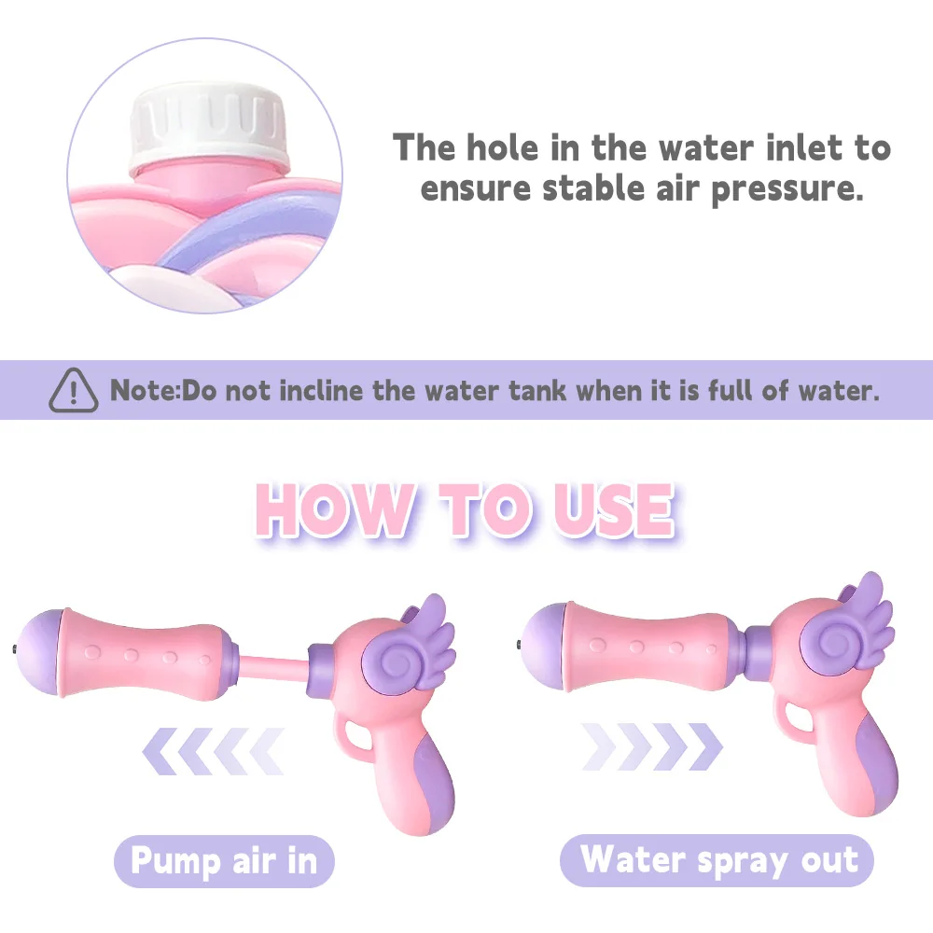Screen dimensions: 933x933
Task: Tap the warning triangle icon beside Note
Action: tap(73, 390)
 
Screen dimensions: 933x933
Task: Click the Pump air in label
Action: tap(224, 860)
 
